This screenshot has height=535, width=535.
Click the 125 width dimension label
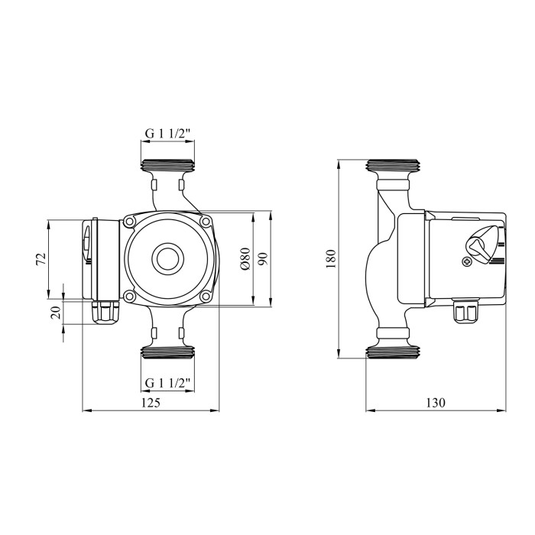tap(151, 403)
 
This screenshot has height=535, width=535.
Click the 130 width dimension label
tap(436, 403)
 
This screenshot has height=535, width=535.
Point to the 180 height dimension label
tap(331, 259)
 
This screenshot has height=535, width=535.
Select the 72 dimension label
tap(41, 259)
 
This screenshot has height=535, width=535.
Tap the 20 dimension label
tap(56, 313)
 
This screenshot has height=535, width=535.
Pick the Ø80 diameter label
tap(245, 259)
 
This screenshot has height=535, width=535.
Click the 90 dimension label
tap(263, 259)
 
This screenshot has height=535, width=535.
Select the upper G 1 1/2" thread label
tap(167, 134)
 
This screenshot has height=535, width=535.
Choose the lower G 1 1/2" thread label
tap(167, 383)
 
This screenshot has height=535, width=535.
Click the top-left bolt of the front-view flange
tap(129, 222)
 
